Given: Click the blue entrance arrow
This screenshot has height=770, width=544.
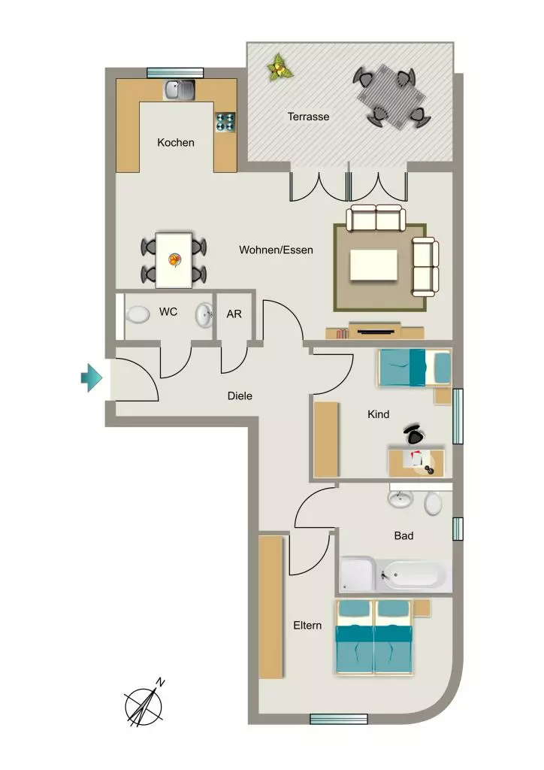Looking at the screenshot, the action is (x=92, y=377).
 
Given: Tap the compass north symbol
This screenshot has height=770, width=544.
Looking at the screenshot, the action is (x=144, y=703).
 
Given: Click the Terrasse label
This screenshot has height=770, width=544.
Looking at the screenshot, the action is (x=308, y=117).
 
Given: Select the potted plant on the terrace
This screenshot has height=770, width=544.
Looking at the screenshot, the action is (x=280, y=67).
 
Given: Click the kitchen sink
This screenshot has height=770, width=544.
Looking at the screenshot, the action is (x=179, y=90).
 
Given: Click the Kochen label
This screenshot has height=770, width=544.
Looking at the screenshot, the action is (x=176, y=142).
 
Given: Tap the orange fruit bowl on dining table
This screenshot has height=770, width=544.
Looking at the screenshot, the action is (x=174, y=259).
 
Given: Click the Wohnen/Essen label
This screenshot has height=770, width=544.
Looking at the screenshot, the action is (x=277, y=250).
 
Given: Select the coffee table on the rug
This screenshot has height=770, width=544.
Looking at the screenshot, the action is (x=373, y=265).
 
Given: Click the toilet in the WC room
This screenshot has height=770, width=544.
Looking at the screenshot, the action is (x=138, y=315).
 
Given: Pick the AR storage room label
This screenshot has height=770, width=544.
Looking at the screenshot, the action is (x=234, y=314).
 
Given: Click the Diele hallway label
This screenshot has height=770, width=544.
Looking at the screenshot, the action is (x=240, y=396).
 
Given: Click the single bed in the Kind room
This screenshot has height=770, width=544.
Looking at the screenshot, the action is (x=414, y=367).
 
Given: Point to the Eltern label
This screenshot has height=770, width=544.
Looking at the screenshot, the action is (x=307, y=626).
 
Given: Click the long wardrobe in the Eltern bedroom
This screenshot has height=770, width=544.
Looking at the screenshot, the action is (x=270, y=607).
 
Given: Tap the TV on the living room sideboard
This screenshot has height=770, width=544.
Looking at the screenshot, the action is (x=376, y=332).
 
